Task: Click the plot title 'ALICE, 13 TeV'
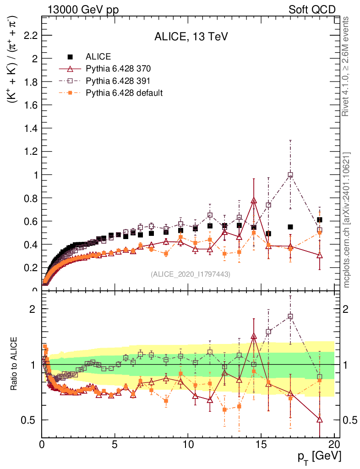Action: pyautogui.click(x=191, y=37)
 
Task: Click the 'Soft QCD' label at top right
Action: pyautogui.click(x=312, y=10)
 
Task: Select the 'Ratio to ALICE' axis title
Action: pyautogui.click(x=15, y=365)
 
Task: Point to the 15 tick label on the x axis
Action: pyautogui.click(x=261, y=444)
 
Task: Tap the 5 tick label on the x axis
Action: pyautogui.click(x=115, y=444)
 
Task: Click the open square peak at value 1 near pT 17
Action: pyautogui.click(x=290, y=175)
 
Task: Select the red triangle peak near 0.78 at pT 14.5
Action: pyautogui.click(x=254, y=200)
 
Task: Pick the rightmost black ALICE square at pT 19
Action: pyautogui.click(x=319, y=220)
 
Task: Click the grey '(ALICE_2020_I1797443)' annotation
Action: pyautogui.click(x=191, y=274)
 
